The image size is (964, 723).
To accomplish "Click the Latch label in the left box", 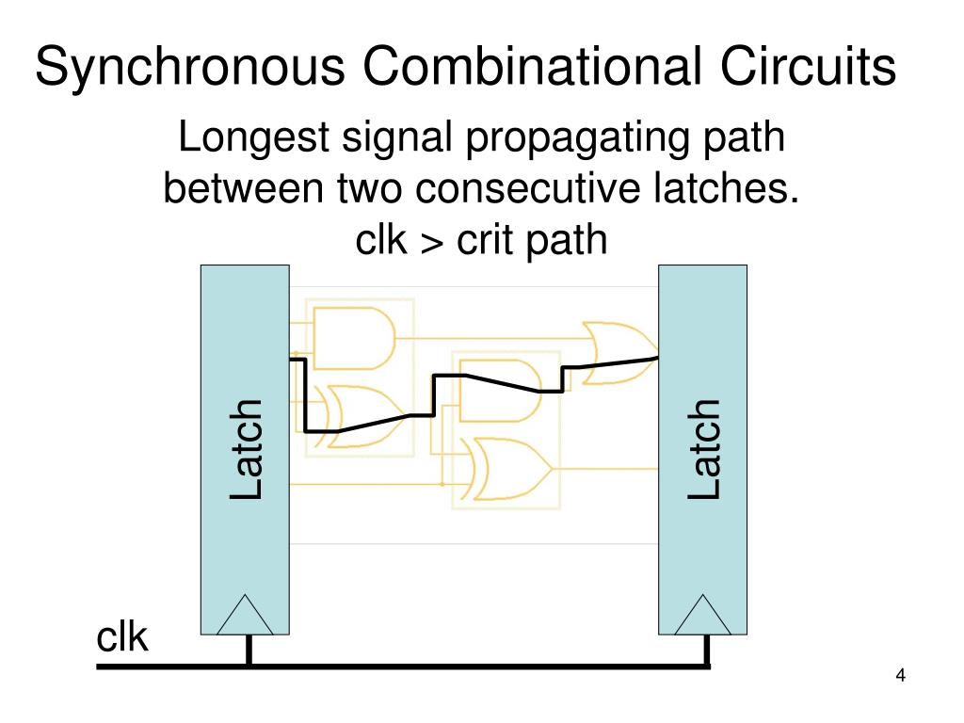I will coord(246,449).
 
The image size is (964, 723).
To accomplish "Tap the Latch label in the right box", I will coord(703,449).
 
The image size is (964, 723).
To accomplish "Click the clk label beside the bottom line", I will coord(122,637).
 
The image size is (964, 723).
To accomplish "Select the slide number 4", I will coord(901,676).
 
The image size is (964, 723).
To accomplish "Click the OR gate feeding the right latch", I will coord(617,352).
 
